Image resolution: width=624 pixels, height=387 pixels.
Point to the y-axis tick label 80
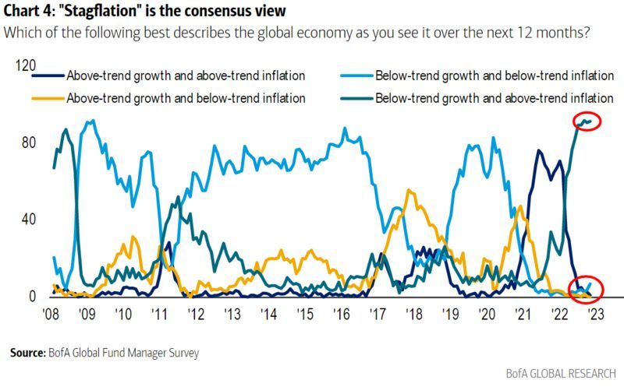28,143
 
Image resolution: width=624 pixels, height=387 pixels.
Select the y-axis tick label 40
28,220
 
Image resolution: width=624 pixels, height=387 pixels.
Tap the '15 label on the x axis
304,314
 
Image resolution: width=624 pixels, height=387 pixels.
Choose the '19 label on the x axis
450,314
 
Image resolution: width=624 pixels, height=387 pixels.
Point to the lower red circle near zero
584,287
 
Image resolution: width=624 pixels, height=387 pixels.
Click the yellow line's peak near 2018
409,190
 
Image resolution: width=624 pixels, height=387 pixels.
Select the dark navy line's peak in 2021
538,151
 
